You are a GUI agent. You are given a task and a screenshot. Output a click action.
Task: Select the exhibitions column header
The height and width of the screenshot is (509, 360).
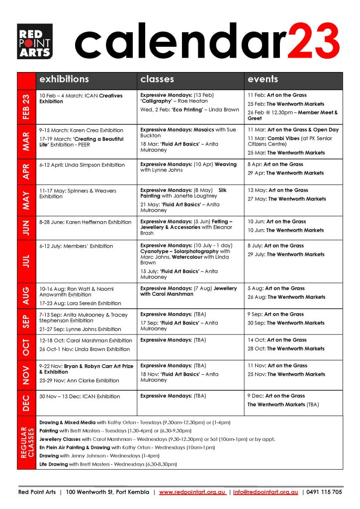click(64, 80)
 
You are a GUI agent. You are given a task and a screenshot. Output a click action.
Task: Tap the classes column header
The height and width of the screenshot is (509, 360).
click(157, 80)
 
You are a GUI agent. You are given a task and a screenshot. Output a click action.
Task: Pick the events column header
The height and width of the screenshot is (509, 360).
click(263, 80)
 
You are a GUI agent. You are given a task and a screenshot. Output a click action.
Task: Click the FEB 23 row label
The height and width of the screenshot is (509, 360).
click(26, 106)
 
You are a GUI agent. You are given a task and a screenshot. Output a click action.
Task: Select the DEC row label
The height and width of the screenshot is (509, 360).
click(26, 402)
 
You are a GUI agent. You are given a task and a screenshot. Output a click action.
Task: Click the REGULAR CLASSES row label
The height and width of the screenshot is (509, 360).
click(26, 442)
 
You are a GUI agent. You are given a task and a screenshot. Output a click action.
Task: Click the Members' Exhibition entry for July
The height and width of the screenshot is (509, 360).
click(76, 246)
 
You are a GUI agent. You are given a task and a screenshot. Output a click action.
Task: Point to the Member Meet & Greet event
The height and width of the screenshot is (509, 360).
click(292, 115)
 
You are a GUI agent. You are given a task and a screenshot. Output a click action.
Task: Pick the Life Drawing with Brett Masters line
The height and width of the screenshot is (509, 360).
click(107, 464)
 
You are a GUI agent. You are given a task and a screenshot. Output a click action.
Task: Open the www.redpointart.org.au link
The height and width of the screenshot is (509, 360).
click(193, 492)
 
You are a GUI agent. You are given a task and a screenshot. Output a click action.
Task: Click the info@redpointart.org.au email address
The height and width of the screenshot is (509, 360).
click(266, 492)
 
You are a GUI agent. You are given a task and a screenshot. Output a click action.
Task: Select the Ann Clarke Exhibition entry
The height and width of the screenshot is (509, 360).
click(80, 381)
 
